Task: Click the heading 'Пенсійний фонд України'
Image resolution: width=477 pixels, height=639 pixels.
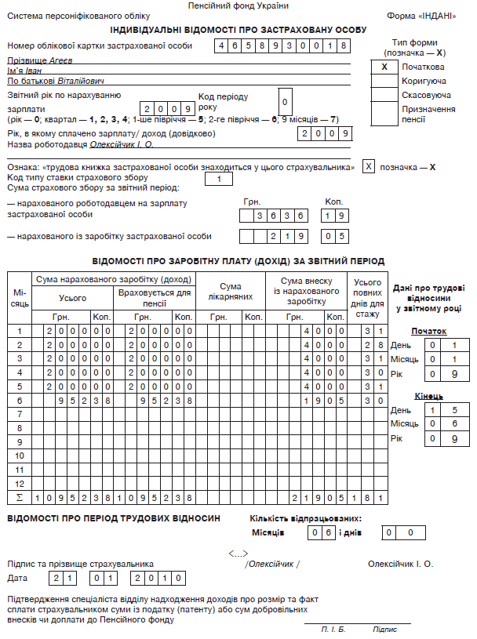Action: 238,5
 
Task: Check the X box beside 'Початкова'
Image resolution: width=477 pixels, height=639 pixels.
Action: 384,67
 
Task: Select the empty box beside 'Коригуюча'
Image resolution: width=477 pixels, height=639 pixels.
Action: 384,81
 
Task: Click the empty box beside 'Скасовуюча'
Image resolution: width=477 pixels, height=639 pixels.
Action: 384,95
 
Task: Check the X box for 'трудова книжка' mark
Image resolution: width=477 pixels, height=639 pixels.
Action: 369,167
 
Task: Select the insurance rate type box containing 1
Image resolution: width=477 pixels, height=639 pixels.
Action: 219,179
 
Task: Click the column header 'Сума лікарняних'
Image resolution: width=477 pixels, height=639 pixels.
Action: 231,292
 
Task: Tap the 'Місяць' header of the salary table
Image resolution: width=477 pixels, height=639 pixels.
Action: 20,297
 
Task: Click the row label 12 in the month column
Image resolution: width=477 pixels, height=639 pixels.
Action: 20,483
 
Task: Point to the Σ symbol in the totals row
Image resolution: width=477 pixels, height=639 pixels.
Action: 20,497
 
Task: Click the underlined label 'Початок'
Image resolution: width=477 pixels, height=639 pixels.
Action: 428,331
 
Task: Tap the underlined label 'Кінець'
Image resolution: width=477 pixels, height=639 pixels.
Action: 428,396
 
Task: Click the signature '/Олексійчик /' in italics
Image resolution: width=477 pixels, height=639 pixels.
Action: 272,564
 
